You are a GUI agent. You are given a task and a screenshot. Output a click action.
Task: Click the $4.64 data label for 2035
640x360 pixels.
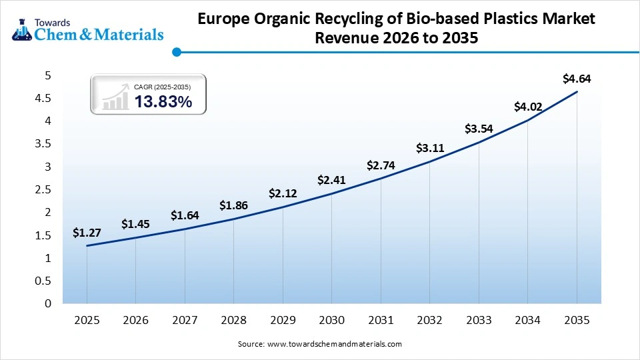coord(577,79)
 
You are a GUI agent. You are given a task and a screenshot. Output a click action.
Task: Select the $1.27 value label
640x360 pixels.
coord(87,233)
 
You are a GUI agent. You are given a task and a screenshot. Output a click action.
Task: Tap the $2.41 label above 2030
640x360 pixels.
coord(331,180)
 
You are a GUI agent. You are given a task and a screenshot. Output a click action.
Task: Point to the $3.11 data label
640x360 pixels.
coord(429,148)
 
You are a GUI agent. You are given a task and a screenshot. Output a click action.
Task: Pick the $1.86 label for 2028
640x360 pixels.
coord(233,206)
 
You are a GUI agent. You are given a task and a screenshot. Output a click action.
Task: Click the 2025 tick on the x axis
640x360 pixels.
coord(87,321)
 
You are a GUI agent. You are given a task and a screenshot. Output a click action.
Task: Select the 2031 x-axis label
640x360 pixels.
coord(381,321)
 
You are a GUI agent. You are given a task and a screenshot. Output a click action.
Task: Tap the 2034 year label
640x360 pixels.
coord(527,321)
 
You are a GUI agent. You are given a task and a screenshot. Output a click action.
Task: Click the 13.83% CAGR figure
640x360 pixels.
coord(163,102)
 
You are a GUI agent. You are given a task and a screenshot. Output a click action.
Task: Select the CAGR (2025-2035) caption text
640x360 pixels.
coord(163,87)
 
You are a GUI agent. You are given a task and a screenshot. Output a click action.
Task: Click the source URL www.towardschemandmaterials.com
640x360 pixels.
coord(334,344)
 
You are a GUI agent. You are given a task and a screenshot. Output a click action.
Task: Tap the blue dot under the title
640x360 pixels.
coord(176,51)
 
